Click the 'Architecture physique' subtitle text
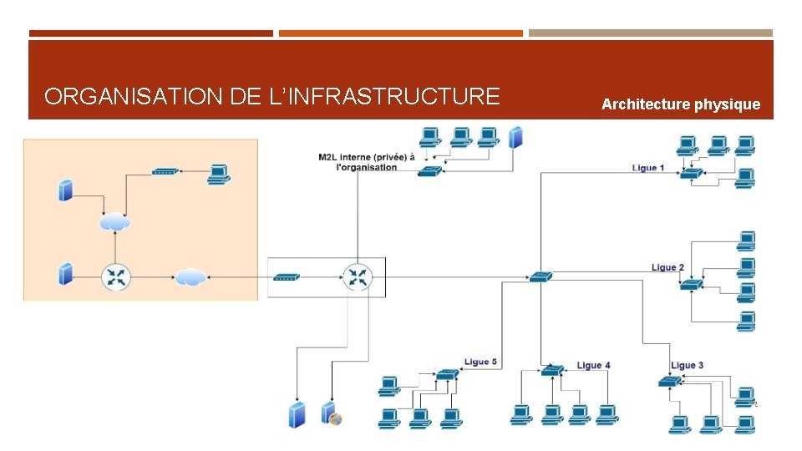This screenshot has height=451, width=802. point(681,104)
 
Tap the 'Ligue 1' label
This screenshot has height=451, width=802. point(648,168)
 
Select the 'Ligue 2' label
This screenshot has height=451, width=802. point(667,267)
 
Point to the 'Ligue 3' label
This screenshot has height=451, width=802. point(687,365)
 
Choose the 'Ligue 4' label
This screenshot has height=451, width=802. point(593,365)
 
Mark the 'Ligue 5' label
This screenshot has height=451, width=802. point(480,362)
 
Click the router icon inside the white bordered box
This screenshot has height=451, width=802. point(358,276)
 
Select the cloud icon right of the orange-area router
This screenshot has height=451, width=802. point(190,276)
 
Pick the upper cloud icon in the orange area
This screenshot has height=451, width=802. point(114,222)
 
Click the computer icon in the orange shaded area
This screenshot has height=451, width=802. point(218,173)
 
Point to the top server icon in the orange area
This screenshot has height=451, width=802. point(66,190)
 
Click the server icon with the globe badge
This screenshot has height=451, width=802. point(331,413)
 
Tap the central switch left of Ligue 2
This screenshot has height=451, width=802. point(540,276)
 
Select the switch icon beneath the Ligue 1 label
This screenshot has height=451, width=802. point(691,173)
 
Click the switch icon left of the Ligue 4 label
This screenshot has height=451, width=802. point(551,370)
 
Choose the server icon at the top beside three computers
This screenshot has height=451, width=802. point(515,137)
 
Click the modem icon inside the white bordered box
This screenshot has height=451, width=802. point(287,276)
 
